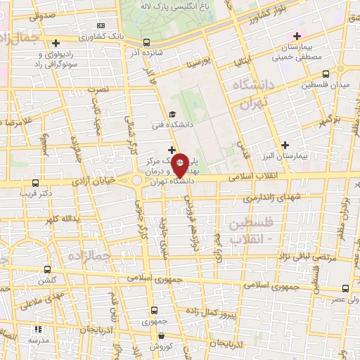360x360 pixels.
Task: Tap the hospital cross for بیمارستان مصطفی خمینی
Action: click(297, 36)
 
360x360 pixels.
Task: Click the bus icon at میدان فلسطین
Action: click(326, 74)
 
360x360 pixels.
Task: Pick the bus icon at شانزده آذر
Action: click(146, 42)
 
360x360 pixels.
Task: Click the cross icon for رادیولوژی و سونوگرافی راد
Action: click(56, 43)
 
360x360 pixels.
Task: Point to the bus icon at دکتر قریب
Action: click(27, 182)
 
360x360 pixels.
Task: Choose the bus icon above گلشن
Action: click(48, 269)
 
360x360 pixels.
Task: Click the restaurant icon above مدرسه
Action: click(37, 328)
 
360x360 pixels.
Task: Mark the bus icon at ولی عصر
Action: click(345, 288)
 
